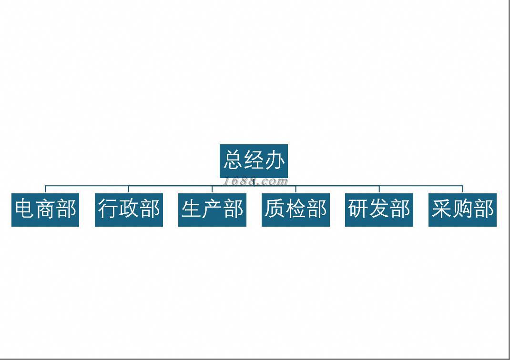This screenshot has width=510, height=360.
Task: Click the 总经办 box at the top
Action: click(x=254, y=160)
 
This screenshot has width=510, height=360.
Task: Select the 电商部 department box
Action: click(x=45, y=210)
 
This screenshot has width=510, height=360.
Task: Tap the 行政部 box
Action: click(x=129, y=210)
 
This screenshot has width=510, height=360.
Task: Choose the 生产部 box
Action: click(x=212, y=210)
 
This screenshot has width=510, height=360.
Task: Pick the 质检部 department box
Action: click(x=296, y=210)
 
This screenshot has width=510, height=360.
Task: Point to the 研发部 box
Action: click(x=379, y=210)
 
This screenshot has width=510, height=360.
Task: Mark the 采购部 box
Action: click(x=462, y=210)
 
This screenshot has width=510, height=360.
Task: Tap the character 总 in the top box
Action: click(x=233, y=160)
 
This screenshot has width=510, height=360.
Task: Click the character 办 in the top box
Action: click(x=275, y=160)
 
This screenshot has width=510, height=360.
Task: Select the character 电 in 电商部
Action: click(x=25, y=210)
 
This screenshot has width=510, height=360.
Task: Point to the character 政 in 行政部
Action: click(x=129, y=210)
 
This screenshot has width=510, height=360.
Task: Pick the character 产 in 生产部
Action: click(x=212, y=210)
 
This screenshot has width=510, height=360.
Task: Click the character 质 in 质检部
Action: click(x=275, y=210)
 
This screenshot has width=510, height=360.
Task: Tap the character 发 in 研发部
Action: click(x=379, y=210)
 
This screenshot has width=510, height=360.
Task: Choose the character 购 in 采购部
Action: click(x=462, y=210)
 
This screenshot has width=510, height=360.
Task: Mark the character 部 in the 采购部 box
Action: click(x=483, y=210)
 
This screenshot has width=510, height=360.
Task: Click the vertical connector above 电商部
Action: click(x=45, y=189)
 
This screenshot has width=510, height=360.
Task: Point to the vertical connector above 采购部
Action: click(x=462, y=189)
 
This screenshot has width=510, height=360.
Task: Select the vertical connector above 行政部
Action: click(x=129, y=189)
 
